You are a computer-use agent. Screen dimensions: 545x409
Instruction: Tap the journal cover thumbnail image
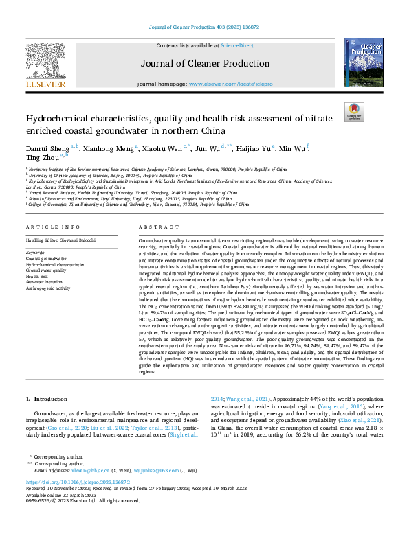[x=364, y=62]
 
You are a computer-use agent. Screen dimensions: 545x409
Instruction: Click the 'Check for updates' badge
[x=353, y=112]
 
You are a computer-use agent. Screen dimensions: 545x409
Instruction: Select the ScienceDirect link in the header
[x=236, y=45]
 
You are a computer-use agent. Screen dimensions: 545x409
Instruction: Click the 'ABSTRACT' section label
[x=153, y=227]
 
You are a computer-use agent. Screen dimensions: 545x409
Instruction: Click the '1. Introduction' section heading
[x=46, y=399]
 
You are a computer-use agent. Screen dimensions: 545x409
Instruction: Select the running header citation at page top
[x=203, y=27]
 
